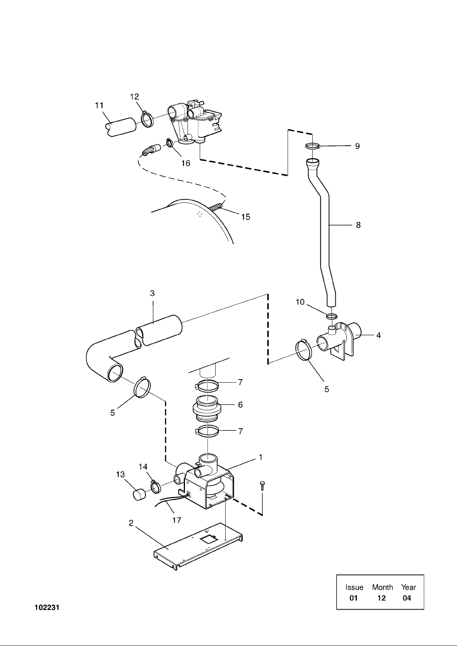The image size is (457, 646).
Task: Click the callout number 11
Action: click(x=99, y=105)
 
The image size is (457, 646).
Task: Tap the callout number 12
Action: click(x=135, y=97)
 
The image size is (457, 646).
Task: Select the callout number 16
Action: click(x=186, y=163)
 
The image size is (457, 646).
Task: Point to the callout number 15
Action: click(x=246, y=217)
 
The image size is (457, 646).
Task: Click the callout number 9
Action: click(x=357, y=146)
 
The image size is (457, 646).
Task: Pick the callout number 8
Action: click(x=358, y=225)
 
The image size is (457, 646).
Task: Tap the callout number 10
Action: click(x=300, y=302)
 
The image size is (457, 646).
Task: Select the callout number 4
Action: click(x=378, y=335)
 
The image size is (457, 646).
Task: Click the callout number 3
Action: click(x=152, y=293)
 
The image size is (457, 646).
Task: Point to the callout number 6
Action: click(x=241, y=404)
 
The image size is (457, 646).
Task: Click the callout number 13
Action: click(x=120, y=474)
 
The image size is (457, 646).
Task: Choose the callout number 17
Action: click(x=177, y=520)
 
